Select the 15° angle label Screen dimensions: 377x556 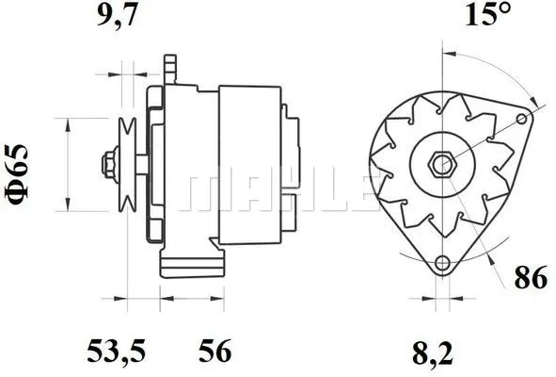tap(487, 16)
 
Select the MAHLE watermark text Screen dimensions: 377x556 tap(278, 191)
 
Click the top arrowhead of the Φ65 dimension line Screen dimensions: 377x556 tap(68, 123)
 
